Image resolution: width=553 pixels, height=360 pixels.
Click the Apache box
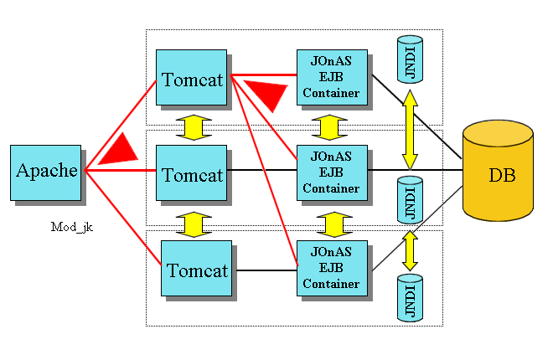tap(46, 172)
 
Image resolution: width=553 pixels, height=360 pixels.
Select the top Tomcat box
tap(192, 77)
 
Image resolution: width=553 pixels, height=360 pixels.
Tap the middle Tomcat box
tap(192, 172)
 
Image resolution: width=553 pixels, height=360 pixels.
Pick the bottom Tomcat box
tap(196, 268)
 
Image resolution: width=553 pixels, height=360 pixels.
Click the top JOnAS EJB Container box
tap(333, 77)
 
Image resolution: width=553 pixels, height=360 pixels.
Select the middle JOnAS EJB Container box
tap(333, 172)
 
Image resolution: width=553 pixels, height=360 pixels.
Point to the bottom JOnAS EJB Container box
tap(333, 268)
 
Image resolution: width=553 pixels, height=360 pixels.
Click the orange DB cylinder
tap(498, 171)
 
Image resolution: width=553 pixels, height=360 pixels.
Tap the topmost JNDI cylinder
tap(411, 59)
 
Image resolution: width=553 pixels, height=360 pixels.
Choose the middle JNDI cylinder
tap(411, 200)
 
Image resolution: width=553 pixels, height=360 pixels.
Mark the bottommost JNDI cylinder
tap(411, 298)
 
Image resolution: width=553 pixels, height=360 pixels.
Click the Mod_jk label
tap(72, 227)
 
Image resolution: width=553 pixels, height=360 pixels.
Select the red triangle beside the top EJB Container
tap(269, 92)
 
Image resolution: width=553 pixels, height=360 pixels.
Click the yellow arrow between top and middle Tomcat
tap(194, 127)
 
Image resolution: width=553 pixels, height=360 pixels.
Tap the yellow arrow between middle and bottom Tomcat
tap(194, 224)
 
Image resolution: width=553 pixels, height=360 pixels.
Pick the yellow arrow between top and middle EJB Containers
tap(329, 127)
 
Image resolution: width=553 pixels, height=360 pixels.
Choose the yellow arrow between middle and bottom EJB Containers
tap(334, 224)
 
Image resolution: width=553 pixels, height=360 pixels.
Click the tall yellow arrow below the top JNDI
tap(410, 130)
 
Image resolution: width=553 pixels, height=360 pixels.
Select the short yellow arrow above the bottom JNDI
tap(410, 251)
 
